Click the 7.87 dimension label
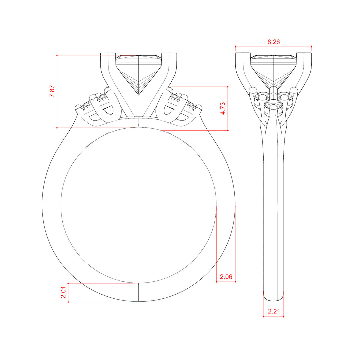(x=52, y=91)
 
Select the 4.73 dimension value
(x=222, y=108)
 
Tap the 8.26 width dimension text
(x=274, y=42)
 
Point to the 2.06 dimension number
(x=226, y=277)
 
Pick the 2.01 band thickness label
(x=63, y=292)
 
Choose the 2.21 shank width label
(x=274, y=311)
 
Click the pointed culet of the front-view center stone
(x=139, y=95)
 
